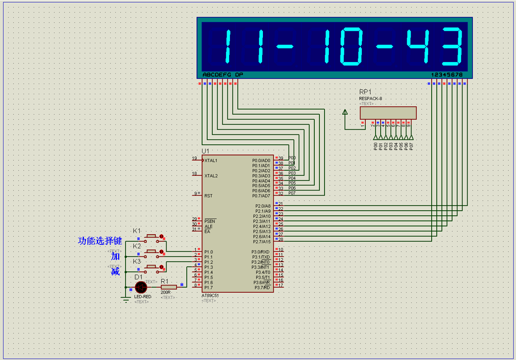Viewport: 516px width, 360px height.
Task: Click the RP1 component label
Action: [x=365, y=92]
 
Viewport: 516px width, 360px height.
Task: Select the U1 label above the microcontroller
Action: [x=206, y=151]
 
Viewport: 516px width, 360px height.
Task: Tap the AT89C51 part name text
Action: [x=210, y=295]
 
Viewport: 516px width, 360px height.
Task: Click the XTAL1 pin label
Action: [x=211, y=161]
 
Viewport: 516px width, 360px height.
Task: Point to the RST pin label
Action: [x=208, y=196]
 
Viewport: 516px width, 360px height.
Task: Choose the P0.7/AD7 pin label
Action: [x=261, y=196]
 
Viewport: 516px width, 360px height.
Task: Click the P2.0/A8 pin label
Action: [x=262, y=206]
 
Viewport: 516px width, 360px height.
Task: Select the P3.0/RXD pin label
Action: [x=260, y=252]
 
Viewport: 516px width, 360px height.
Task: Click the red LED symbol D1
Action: [x=141, y=287]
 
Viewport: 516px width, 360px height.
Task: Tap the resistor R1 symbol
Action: [x=169, y=287]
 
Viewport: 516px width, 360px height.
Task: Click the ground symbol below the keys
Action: [x=125, y=299]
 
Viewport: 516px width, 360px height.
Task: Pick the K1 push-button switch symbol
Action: [x=152, y=236]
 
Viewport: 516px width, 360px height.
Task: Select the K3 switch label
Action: [x=137, y=261]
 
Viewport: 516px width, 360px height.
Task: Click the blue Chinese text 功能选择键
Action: [x=100, y=241]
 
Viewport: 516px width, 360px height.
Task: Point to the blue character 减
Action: [x=116, y=271]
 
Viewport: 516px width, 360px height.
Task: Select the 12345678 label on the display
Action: [x=447, y=75]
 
